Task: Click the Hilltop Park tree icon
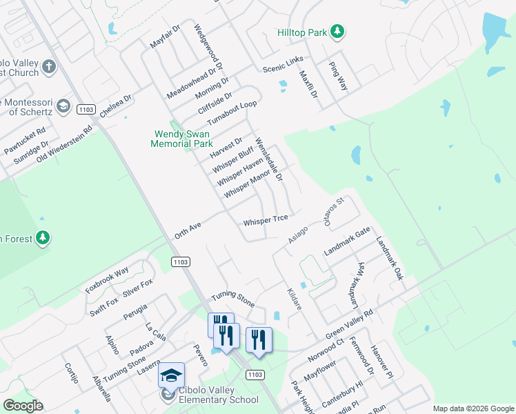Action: tap(337, 31)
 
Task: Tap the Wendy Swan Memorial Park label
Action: tap(183, 139)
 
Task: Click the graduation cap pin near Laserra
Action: tap(170, 375)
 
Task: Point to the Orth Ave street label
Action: tap(187, 230)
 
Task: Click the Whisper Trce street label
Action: tap(265, 220)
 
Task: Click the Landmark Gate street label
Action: tap(347, 241)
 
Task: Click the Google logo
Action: tap(23, 406)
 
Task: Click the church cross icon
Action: tap(48, 67)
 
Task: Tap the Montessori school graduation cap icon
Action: tap(63, 106)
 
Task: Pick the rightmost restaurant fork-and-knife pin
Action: tap(259, 339)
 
